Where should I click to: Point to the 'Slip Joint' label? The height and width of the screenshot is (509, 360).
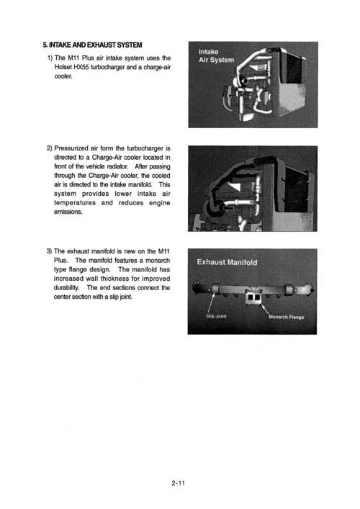point(217,315)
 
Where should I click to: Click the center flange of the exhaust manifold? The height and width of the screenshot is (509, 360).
point(251,293)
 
